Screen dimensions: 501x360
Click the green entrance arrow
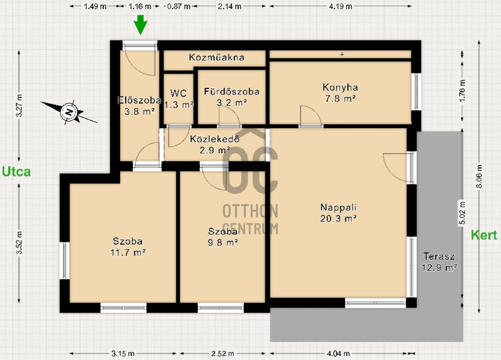click(x=140, y=25)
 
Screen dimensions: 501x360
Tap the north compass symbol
click(x=69, y=112)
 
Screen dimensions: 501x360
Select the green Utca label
click(x=16, y=171)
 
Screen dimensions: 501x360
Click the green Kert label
click(x=484, y=235)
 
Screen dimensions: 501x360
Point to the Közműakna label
click(x=217, y=57)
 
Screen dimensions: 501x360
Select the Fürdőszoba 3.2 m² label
click(x=231, y=97)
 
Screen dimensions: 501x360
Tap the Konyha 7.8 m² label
click(x=340, y=93)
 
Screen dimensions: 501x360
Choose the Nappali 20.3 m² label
click(x=338, y=213)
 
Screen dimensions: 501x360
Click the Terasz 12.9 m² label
click(x=439, y=262)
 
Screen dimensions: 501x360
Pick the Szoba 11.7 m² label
click(x=128, y=247)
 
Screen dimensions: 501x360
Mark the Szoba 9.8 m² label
click(x=223, y=237)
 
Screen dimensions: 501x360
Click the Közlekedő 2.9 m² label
click(x=215, y=144)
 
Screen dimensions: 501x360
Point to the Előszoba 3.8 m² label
click(x=139, y=106)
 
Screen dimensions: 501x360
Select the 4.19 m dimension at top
click(x=341, y=6)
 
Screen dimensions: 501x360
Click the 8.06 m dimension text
click(x=479, y=177)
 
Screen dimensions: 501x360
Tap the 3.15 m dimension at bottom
click(x=123, y=353)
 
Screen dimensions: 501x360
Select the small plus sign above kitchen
click(x=342, y=54)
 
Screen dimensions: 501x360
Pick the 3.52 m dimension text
click(x=19, y=243)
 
